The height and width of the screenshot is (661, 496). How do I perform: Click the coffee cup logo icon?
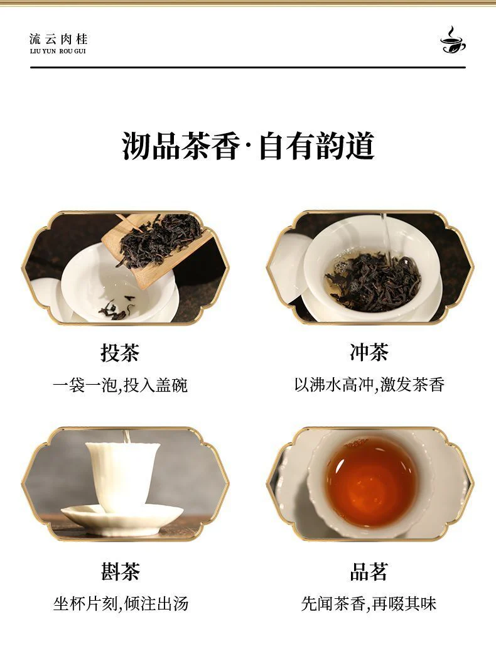click(453, 40)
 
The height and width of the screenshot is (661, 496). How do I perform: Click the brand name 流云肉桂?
click(58, 39)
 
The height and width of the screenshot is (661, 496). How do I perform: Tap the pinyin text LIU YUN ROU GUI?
click(58, 51)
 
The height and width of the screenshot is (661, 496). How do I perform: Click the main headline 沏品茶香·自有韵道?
click(248, 146)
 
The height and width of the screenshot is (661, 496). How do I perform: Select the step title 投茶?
click(120, 352)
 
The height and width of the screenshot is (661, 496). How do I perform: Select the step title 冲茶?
click(369, 352)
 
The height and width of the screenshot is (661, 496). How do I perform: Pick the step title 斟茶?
click(120, 572)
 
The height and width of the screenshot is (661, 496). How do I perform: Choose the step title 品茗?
click(369, 572)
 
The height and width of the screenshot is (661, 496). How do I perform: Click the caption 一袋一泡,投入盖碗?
click(120, 385)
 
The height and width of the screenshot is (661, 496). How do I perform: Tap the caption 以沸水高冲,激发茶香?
click(369, 384)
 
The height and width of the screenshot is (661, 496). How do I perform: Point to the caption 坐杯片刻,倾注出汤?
click(121, 604)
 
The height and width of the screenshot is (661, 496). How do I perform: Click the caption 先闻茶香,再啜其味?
click(369, 604)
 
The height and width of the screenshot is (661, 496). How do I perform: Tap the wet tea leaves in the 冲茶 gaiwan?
click(373, 282)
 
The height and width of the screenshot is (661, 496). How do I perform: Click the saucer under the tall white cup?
click(122, 520)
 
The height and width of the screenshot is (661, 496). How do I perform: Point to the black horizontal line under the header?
click(248, 67)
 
